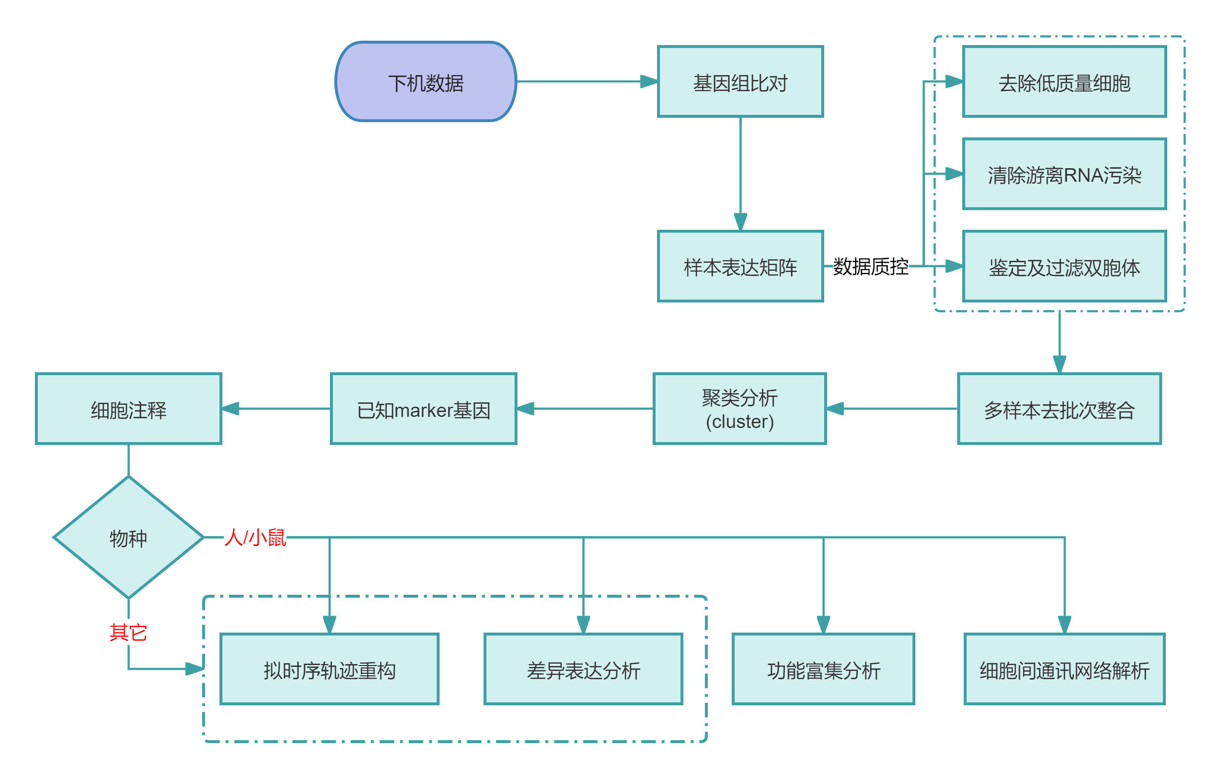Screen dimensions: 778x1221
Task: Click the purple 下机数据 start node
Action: pyautogui.click(x=425, y=81)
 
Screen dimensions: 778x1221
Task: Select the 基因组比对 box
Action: pyautogui.click(x=740, y=81)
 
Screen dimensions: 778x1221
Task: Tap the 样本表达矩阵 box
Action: pyautogui.click(x=740, y=266)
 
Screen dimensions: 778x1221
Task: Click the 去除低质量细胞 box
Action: pyautogui.click(x=1064, y=81)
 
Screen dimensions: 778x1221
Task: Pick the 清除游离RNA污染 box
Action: pyautogui.click(x=1064, y=174)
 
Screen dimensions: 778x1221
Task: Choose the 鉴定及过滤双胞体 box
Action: pyautogui.click(x=1064, y=266)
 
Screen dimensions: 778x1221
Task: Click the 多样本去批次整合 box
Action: pyautogui.click(x=1059, y=409)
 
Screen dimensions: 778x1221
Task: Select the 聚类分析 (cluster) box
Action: pyautogui.click(x=740, y=409)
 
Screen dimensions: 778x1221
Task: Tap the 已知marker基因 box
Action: pyautogui.click(x=423, y=409)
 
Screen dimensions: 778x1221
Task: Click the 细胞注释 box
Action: pyautogui.click(x=128, y=409)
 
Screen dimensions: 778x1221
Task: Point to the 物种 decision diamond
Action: pyautogui.click(x=128, y=538)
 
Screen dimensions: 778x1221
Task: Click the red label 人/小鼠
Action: pyautogui.click(x=255, y=538)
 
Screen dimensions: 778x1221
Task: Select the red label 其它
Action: pyautogui.click(x=128, y=633)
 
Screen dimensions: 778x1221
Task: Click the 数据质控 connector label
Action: pyautogui.click(x=871, y=266)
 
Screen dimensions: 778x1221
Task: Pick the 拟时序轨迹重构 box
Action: pyautogui.click(x=329, y=669)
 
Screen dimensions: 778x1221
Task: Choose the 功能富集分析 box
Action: pyautogui.click(x=824, y=669)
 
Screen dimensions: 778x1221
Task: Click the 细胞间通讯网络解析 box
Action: pyautogui.click(x=1064, y=669)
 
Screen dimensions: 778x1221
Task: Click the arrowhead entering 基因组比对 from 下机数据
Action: pyautogui.click(x=649, y=81)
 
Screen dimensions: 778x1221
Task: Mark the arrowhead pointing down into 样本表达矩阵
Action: pyautogui.click(x=740, y=222)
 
